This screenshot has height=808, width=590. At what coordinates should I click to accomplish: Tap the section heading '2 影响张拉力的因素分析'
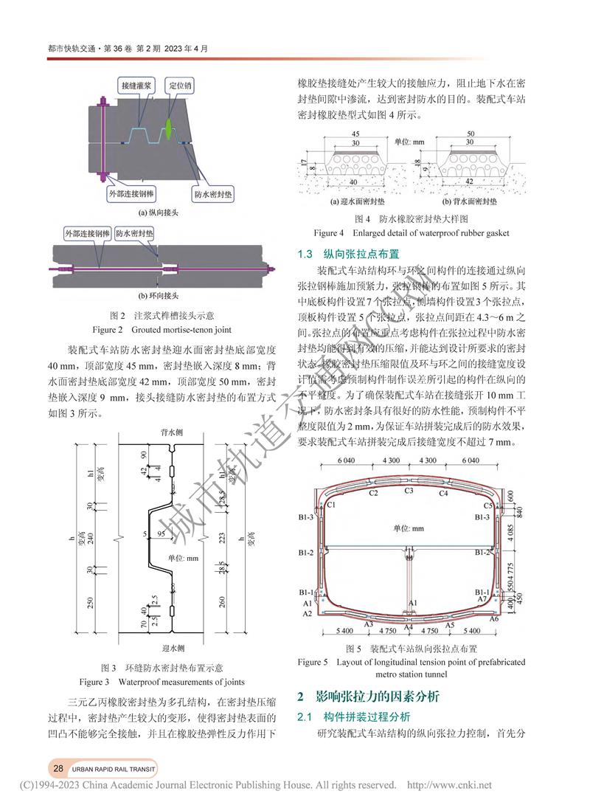pos(368,697)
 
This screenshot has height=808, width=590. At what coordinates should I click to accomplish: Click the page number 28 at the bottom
pos(58,767)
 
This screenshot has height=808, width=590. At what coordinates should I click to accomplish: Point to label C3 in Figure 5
pos(409,490)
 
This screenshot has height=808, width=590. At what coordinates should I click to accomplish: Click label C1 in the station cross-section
pos(332,505)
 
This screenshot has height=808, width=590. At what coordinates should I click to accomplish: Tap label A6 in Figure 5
pos(495,618)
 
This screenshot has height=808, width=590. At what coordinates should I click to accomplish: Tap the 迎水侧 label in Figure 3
pos(170,649)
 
